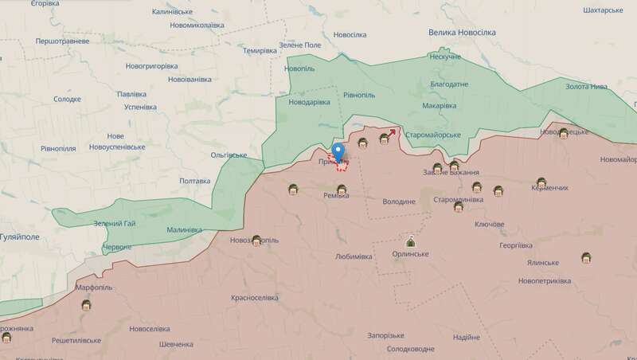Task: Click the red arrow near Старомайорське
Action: point(393,133)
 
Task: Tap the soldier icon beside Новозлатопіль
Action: point(257,239)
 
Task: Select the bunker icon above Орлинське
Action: point(411,241)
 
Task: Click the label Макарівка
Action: point(439,106)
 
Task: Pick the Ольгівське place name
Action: point(229,155)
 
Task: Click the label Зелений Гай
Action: point(115,223)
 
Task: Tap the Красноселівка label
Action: point(255,297)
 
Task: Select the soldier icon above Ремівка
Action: point(342,190)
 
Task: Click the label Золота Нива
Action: point(586,86)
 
